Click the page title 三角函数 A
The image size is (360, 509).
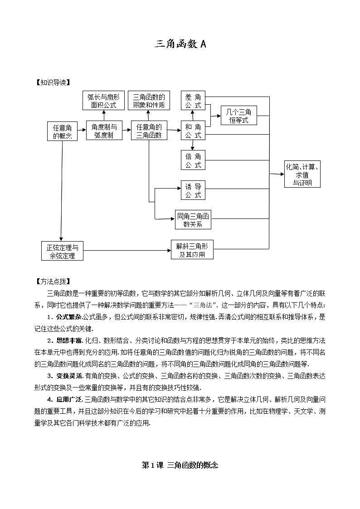point(180,44)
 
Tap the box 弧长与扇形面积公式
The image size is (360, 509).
point(102,101)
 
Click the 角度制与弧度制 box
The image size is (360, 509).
point(104,131)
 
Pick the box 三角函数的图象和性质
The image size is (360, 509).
point(149,101)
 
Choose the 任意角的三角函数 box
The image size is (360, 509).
point(149,131)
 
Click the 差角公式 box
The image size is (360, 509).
point(193,101)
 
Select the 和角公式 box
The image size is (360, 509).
point(193,131)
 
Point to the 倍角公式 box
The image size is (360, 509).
point(193,160)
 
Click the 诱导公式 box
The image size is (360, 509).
point(193,190)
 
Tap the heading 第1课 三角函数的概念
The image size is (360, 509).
point(180,465)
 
